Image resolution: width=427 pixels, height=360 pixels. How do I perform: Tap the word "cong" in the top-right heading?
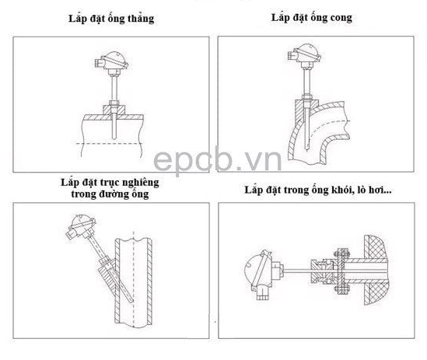point(341,18)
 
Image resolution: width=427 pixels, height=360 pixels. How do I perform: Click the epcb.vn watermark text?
point(217,160)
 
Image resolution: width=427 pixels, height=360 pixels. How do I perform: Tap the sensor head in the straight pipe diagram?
point(111,62)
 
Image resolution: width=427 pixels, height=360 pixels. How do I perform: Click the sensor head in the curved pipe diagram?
point(304,54)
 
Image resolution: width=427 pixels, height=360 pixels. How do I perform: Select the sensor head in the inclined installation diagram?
point(79,227)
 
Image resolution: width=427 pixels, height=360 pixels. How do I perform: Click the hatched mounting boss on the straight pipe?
point(114,110)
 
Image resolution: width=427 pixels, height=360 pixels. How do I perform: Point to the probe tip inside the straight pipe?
point(114,137)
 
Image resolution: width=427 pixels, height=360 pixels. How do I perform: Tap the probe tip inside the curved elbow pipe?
point(307,149)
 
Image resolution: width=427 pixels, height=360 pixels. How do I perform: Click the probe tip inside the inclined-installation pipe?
point(131,301)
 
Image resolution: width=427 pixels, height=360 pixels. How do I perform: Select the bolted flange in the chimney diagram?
point(341,271)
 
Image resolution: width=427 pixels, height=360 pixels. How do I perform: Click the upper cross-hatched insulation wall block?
point(375,247)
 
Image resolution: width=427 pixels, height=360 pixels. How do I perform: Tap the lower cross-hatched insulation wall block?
point(375,295)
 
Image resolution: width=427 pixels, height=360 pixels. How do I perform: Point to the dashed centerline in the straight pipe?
point(109,143)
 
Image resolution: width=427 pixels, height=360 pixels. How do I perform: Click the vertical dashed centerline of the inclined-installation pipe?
point(134,279)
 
